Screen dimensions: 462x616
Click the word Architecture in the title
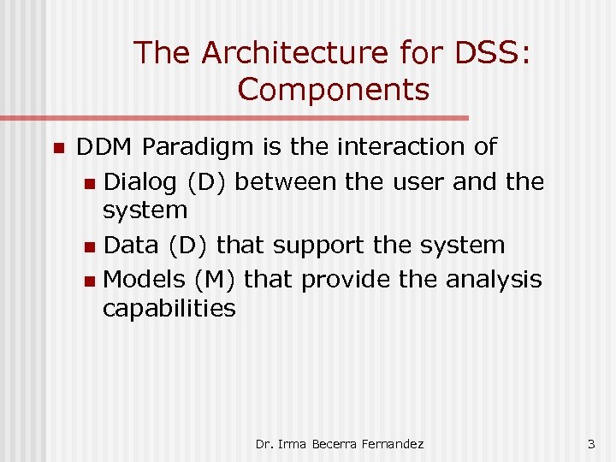[x=295, y=53]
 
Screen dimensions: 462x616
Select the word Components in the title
[x=334, y=89]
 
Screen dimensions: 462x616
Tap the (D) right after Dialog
[x=187, y=182]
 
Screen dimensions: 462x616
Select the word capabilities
[x=169, y=308]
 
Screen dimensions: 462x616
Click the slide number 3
[x=590, y=444]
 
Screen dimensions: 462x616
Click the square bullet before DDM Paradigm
[x=58, y=149]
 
